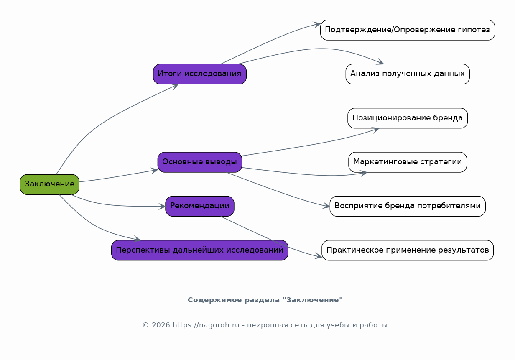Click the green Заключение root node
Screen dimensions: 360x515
pyautogui.click(x=49, y=184)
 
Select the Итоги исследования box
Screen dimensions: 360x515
pyautogui.click(x=199, y=74)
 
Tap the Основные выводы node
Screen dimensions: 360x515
pyautogui.click(x=199, y=162)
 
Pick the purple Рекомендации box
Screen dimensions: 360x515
pyautogui.click(x=199, y=206)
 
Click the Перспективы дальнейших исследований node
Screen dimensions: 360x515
pyautogui.click(x=199, y=250)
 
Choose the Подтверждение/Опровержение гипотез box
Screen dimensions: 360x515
pyautogui.click(x=407, y=30)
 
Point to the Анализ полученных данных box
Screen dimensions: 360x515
pyautogui.click(x=407, y=74)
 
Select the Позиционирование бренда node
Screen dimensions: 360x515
pyautogui.click(x=407, y=118)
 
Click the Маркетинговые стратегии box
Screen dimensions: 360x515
pyautogui.click(x=407, y=162)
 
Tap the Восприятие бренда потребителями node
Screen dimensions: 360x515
pyautogui.click(x=407, y=206)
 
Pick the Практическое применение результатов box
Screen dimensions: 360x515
pyautogui.click(x=407, y=250)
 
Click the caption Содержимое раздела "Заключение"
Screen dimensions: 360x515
pyautogui.click(x=265, y=300)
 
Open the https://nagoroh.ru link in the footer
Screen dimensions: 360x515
pyautogui.click(x=206, y=325)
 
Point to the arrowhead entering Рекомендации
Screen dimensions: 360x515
pyautogui.click(x=163, y=206)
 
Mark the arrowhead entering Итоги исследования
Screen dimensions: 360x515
pyautogui.click(x=175, y=85)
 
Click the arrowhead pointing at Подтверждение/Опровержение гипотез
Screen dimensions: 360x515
pyautogui.click(x=317, y=25)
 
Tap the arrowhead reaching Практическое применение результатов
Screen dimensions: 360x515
pyautogui.click(x=319, y=256)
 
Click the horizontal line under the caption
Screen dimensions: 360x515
pyautogui.click(x=265, y=312)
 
